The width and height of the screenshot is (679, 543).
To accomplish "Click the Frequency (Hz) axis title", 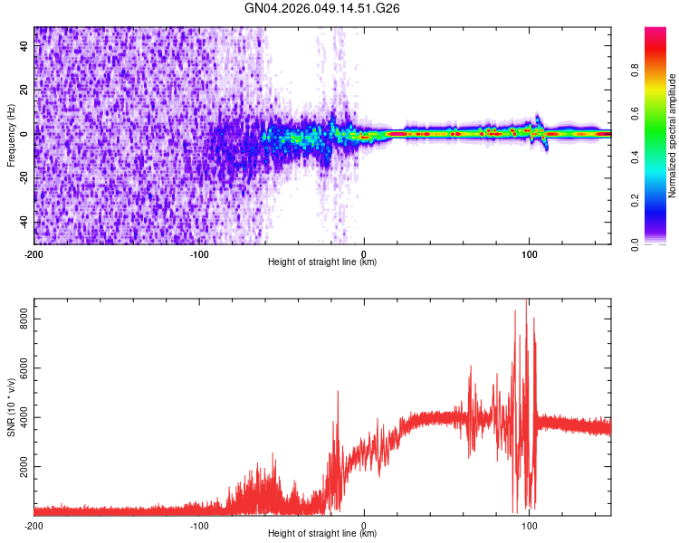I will [11, 136].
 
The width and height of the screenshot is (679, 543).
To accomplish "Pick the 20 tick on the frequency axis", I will [25, 90].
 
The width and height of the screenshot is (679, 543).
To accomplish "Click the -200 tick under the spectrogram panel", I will [33, 253].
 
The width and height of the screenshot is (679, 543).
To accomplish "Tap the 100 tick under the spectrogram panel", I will [531, 253].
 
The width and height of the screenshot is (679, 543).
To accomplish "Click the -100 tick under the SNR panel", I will [199, 525].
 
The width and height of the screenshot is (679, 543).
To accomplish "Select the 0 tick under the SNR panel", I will [364, 525].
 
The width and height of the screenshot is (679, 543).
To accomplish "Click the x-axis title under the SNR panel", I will [322, 534].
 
